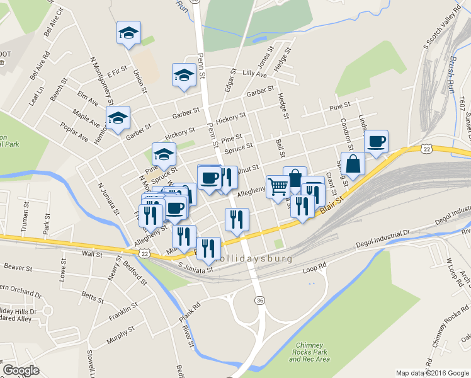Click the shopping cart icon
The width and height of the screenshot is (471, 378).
click(278, 186)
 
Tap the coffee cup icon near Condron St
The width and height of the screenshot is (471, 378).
click(377, 141)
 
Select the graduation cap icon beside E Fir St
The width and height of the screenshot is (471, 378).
click(128, 33)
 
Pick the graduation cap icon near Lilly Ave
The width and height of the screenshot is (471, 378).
click(184, 74)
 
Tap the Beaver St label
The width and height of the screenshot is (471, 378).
click(18, 267)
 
